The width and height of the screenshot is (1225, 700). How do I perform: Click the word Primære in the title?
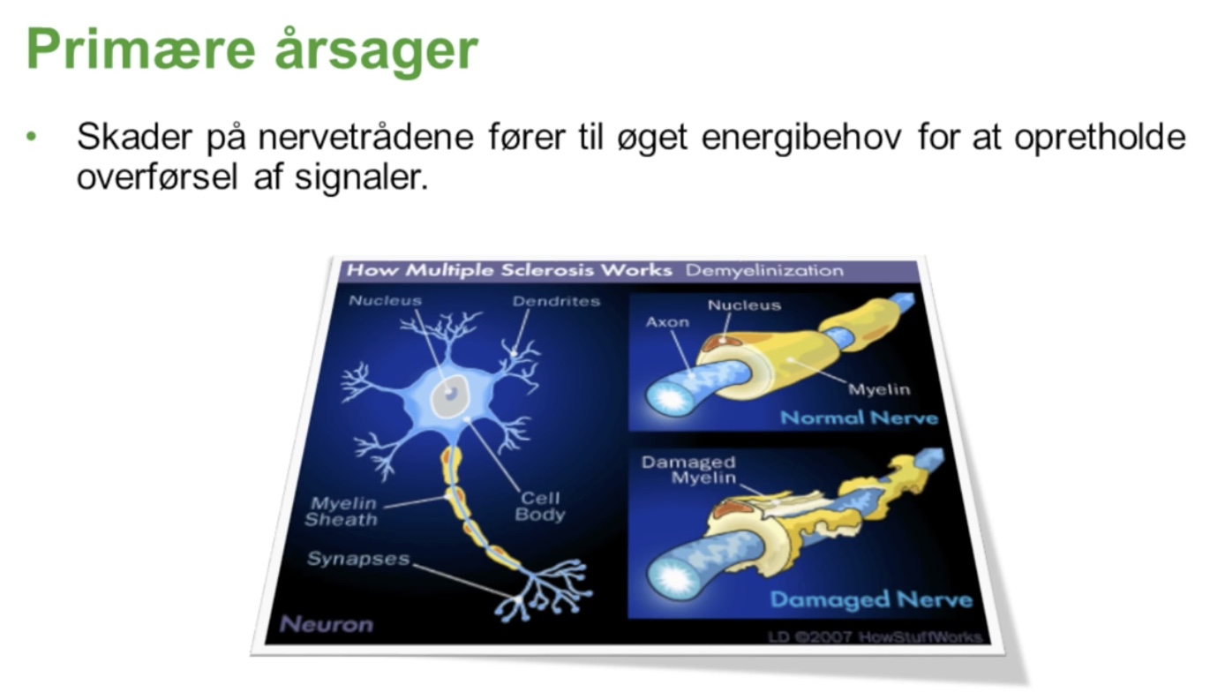pos(141,50)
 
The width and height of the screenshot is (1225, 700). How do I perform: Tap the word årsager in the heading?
pos(376,49)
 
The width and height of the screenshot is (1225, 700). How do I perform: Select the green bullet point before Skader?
pos(31,136)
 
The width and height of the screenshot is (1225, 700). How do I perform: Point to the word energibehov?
pos(801,138)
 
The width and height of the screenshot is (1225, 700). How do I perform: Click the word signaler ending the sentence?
pos(362,177)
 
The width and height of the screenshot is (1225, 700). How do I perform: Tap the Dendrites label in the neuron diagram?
pos(556,301)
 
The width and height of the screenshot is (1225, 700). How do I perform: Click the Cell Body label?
pos(539,507)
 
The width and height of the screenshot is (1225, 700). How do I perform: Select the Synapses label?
pos(358,559)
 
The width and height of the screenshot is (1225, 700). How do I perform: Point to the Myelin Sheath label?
pos(342,512)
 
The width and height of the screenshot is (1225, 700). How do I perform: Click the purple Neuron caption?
pos(327,624)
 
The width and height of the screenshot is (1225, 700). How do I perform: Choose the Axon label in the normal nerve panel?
pos(667,322)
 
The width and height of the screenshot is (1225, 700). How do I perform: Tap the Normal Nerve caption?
pos(859,418)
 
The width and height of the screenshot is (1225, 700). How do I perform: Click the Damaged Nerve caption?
pos(871,600)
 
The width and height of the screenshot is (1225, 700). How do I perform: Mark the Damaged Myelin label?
pos(689,470)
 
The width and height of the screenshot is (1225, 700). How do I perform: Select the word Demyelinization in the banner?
pos(764,271)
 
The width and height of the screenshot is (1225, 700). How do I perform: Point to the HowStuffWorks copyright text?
pos(875,637)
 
